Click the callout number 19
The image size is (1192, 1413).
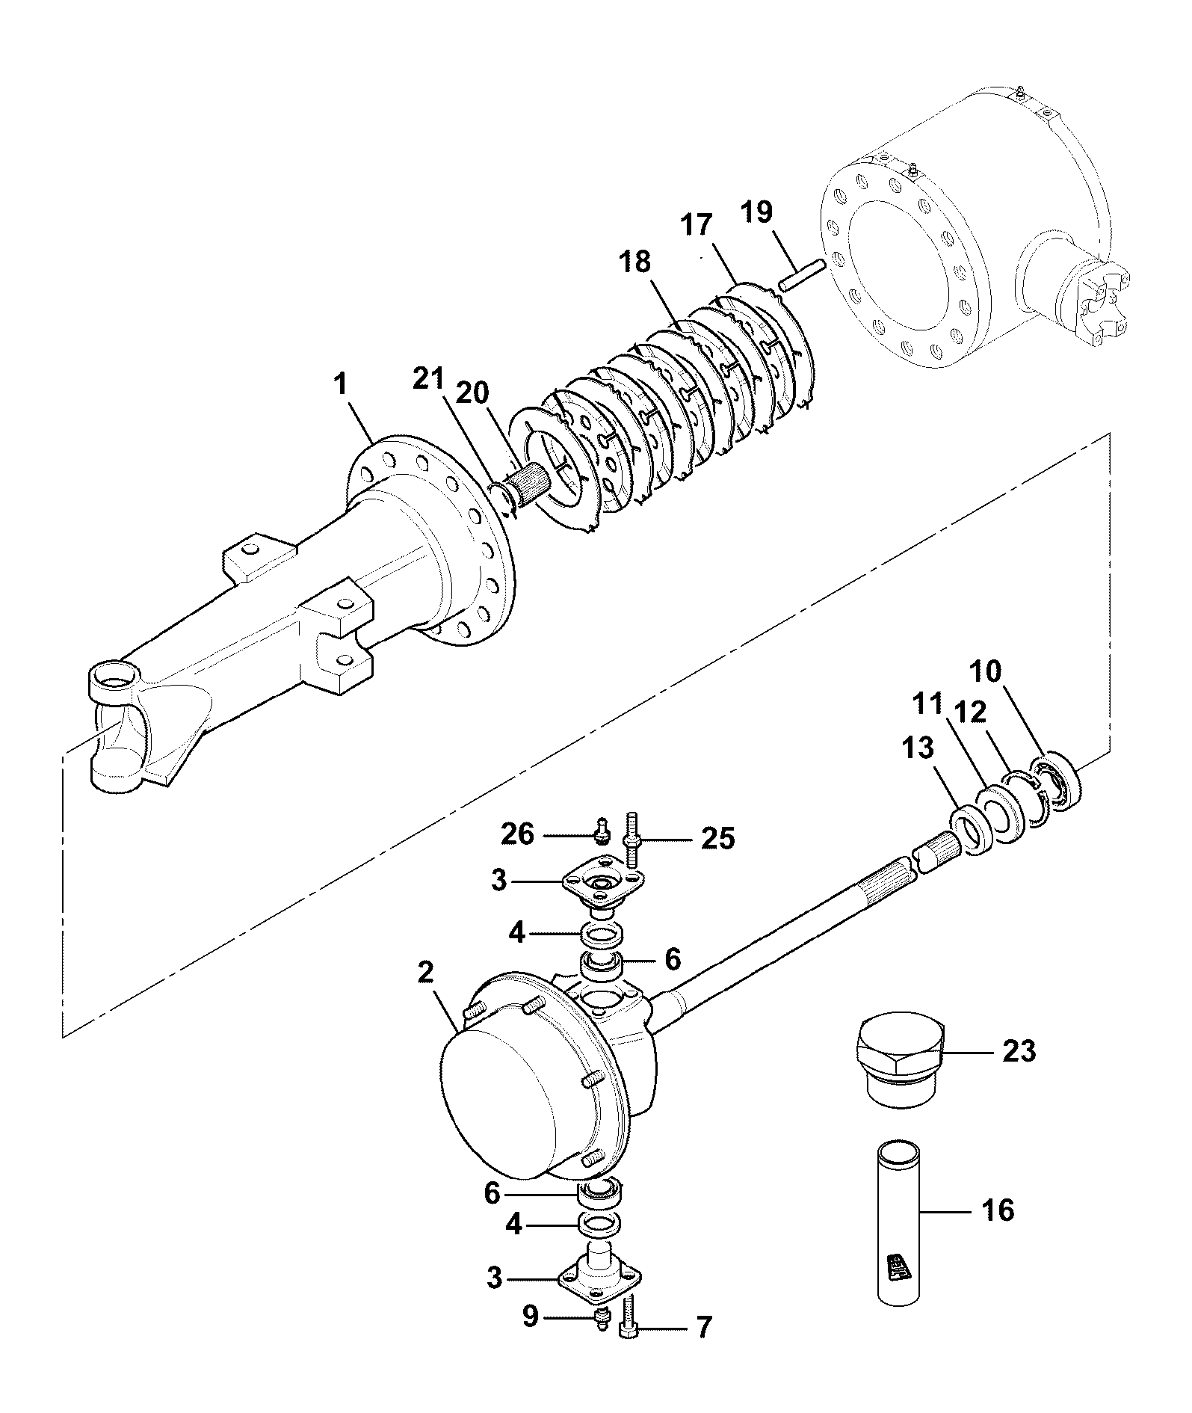click(756, 212)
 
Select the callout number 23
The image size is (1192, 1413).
click(1019, 1052)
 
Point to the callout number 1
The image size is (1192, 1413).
click(341, 386)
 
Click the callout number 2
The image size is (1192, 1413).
click(424, 973)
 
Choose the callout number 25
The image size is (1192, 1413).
click(717, 839)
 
